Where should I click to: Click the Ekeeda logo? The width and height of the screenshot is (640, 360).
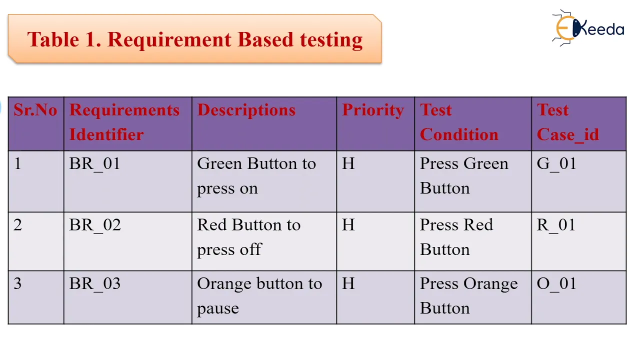(588, 28)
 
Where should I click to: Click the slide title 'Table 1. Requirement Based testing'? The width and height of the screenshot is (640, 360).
(195, 39)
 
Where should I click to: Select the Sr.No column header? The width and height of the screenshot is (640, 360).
(35, 110)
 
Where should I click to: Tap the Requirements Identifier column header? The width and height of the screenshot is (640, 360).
(124, 122)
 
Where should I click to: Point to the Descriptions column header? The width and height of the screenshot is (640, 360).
(246, 110)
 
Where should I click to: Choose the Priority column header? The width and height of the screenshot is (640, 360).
(373, 110)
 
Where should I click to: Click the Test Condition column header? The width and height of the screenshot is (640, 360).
(459, 122)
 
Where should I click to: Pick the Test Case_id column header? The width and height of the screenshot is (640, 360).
(568, 122)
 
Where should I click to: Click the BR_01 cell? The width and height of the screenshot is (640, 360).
(95, 164)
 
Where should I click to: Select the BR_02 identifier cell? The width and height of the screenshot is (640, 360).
(95, 225)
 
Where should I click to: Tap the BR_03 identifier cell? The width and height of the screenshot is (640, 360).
(95, 284)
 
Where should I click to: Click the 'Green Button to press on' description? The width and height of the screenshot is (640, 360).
(256, 176)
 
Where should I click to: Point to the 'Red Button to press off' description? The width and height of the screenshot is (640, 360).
(249, 237)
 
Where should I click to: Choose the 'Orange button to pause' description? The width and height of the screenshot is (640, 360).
(259, 296)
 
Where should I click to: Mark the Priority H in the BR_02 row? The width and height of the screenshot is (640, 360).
(348, 225)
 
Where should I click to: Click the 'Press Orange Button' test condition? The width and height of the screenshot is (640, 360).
(468, 296)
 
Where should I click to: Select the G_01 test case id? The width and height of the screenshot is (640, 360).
(556, 164)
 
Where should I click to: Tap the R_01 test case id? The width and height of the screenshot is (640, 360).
(556, 225)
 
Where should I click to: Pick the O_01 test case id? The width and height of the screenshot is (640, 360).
(556, 284)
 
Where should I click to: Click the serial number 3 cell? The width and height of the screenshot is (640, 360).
(18, 284)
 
